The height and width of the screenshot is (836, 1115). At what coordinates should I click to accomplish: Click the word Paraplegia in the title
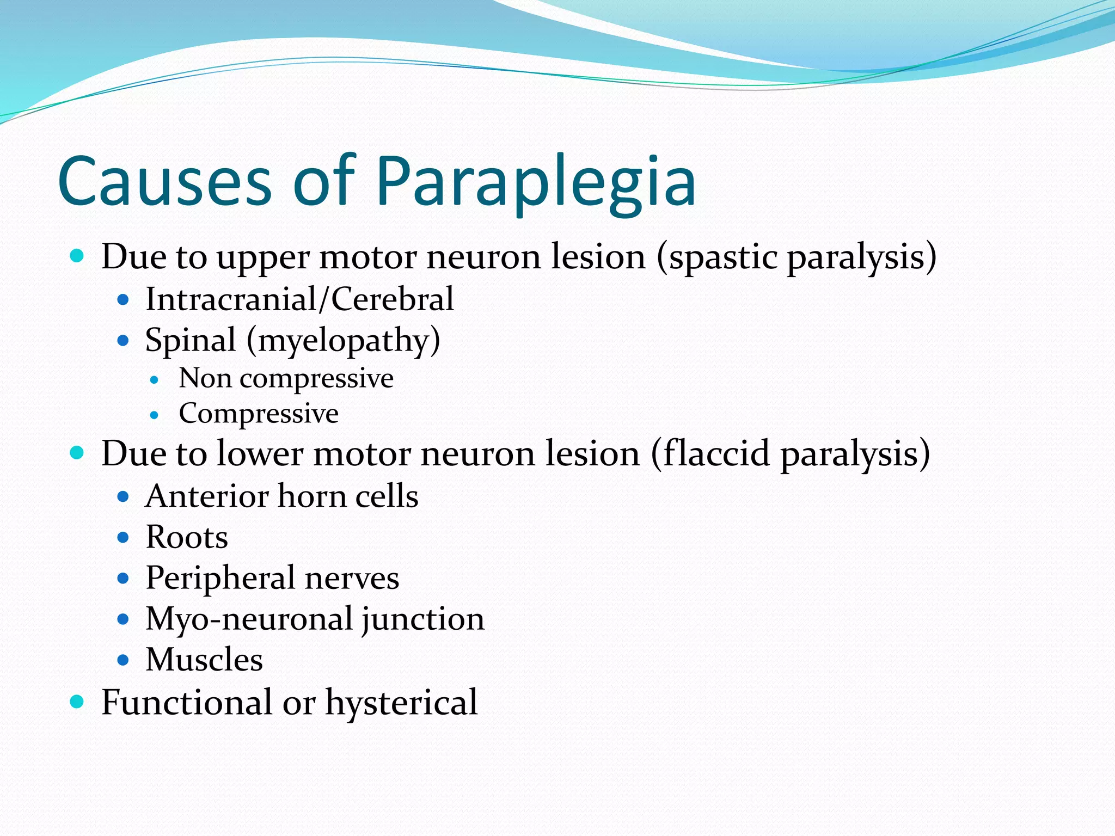(535, 182)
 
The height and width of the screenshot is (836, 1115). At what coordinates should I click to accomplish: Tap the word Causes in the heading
(164, 182)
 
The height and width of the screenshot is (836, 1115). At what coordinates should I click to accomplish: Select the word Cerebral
(392, 299)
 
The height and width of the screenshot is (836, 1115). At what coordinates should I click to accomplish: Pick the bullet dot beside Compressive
(154, 415)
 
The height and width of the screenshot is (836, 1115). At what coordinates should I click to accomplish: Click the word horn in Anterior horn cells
(312, 496)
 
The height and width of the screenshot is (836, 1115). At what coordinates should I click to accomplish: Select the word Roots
(187, 538)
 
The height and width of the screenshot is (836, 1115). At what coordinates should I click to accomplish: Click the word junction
(422, 620)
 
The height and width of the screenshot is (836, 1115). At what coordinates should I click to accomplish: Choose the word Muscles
(204, 660)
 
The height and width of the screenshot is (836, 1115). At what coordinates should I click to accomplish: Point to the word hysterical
(401, 703)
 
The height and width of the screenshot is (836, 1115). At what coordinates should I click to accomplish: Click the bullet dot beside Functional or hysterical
(77, 702)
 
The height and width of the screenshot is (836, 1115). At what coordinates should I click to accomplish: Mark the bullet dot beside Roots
(123, 538)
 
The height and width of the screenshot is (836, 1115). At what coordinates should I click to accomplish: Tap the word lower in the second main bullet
(260, 453)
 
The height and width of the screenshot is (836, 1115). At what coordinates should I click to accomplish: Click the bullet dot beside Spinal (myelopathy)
(123, 341)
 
